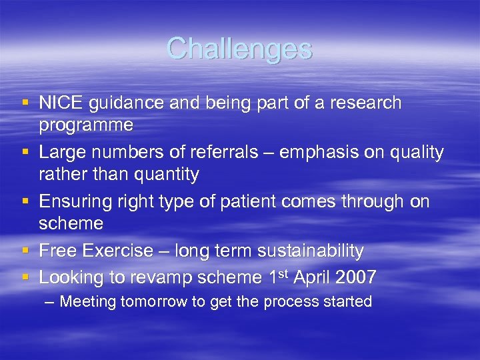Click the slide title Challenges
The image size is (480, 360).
[x=239, y=49]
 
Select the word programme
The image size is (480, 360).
[x=86, y=125]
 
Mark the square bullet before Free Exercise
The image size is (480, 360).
[x=25, y=251]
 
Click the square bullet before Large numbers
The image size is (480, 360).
[x=25, y=151]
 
